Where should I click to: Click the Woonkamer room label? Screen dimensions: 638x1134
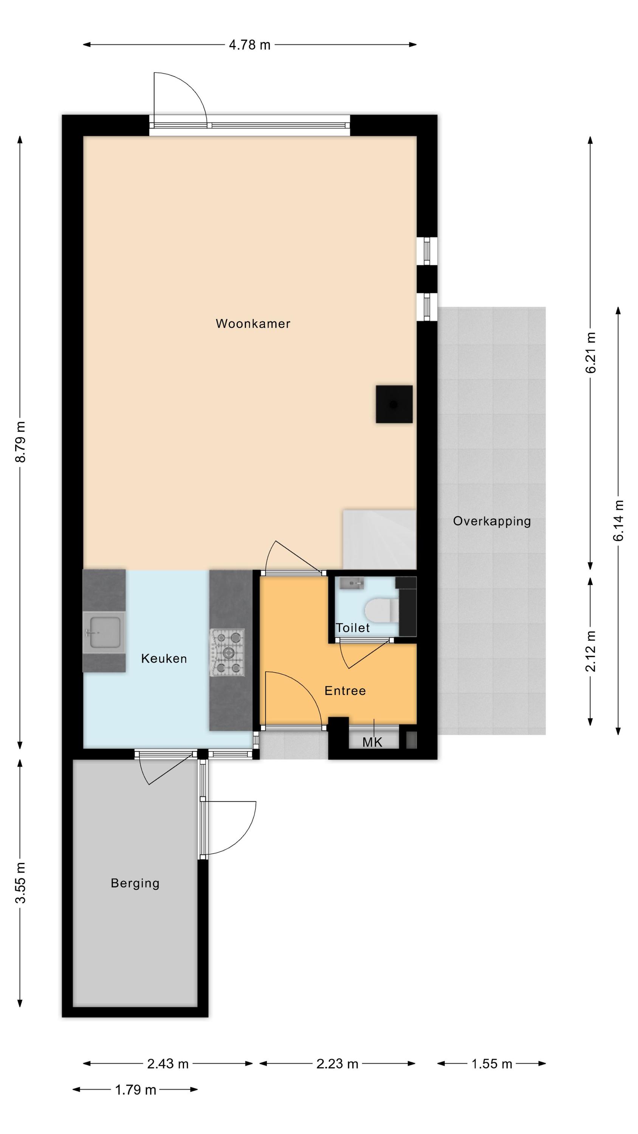pos(253,324)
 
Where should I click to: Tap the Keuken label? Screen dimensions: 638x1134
pos(164,658)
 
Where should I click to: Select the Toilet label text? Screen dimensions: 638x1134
pos(353,628)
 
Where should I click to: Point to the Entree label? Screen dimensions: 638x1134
pos(345,691)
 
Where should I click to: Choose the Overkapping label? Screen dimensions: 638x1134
pos(492,521)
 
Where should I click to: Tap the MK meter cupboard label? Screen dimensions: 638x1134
pos(373,743)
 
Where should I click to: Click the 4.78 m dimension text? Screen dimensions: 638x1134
pos(250,45)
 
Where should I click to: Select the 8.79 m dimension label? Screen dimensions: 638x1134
pos(21,442)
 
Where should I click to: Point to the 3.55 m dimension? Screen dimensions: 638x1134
pos(21,883)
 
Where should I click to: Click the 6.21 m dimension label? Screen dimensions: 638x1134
pos(590,353)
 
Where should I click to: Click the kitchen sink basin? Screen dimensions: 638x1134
pos(105,633)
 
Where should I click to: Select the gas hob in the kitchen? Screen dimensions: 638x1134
pos(227,652)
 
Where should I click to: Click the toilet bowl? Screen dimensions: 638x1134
pos(381,610)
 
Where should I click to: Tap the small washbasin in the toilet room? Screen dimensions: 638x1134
pos(352,584)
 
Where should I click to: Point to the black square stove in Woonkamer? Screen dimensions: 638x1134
pos(394,404)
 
